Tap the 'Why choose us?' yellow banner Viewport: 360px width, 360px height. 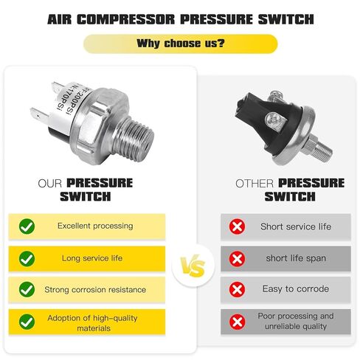point(180,44)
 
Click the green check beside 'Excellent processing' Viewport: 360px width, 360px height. point(27,226)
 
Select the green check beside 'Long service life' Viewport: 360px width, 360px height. point(27,258)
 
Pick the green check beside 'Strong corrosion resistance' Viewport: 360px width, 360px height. point(27,289)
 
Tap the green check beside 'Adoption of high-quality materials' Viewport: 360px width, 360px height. point(27,321)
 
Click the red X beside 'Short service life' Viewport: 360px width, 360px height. point(238,226)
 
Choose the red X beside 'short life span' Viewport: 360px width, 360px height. point(238,258)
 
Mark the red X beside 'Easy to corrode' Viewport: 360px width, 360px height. point(238,289)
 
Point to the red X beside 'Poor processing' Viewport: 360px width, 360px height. point(238,321)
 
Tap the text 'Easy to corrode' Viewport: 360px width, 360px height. point(295,289)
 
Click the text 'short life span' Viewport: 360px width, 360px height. point(295,258)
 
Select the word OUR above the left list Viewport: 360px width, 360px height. point(51,183)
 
